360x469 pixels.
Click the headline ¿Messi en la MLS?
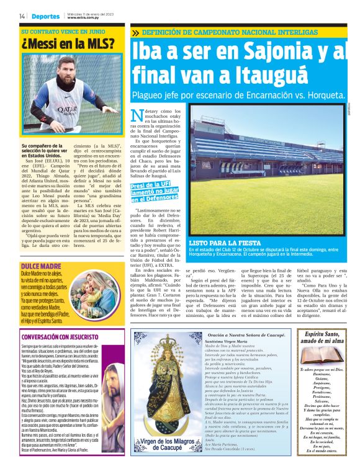(x=68, y=44)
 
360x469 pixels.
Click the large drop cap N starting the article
(x=137, y=116)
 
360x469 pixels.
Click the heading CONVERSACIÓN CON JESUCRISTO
(x=63, y=338)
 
